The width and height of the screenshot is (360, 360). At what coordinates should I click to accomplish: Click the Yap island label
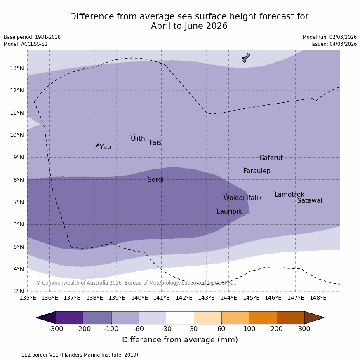[105, 147]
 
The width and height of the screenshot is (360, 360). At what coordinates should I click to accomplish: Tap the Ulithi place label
[139, 139]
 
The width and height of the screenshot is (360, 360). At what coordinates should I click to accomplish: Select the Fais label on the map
[155, 143]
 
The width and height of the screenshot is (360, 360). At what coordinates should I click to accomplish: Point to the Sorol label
[155, 180]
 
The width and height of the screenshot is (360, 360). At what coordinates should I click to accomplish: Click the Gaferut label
[271, 158]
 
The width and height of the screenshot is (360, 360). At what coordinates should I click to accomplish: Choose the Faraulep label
[256, 171]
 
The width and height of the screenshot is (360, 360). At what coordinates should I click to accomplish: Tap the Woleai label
[234, 198]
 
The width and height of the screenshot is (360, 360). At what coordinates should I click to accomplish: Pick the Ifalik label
[254, 198]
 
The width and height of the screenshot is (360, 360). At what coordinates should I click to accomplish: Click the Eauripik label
[229, 212]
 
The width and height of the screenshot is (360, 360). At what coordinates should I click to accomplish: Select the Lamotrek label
[289, 195]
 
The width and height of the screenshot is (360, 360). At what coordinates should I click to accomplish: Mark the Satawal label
[310, 201]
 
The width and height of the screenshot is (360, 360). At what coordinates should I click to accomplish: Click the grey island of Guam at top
[246, 58]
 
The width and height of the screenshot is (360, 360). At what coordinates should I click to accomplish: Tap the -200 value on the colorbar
[83, 329]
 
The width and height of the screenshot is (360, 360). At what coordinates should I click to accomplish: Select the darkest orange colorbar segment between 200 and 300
[290, 318]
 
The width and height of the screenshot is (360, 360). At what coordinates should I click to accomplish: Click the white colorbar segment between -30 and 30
[180, 318]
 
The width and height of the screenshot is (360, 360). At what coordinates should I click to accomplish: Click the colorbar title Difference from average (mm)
[180, 340]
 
